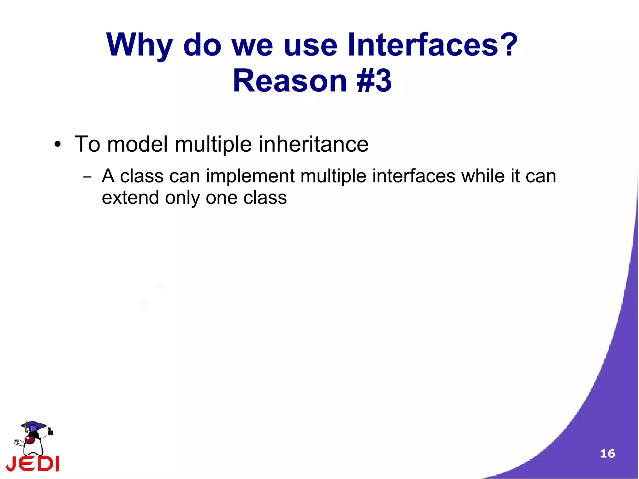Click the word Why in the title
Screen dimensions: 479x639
[x=139, y=45]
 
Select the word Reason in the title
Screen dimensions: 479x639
[x=290, y=81]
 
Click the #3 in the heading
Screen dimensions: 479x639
[x=374, y=81]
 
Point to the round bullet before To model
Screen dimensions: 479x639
[x=57, y=144]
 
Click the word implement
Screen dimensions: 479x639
[x=250, y=176]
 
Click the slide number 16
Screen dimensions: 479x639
[x=607, y=453]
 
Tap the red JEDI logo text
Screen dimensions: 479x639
[x=33, y=463]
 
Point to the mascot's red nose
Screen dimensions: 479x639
[x=30, y=440]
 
